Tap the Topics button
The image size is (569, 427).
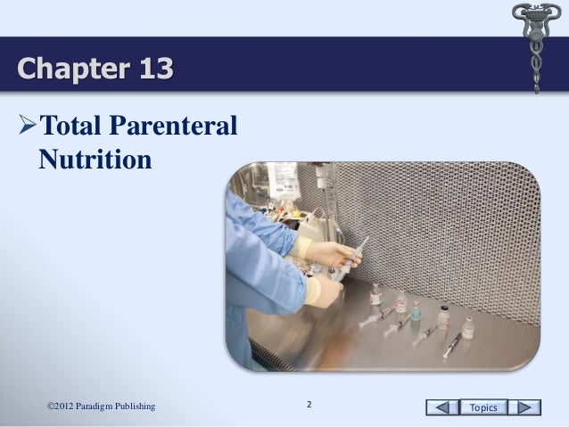click(483, 407)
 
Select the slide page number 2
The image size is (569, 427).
click(309, 406)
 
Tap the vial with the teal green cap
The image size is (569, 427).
click(416, 313)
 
